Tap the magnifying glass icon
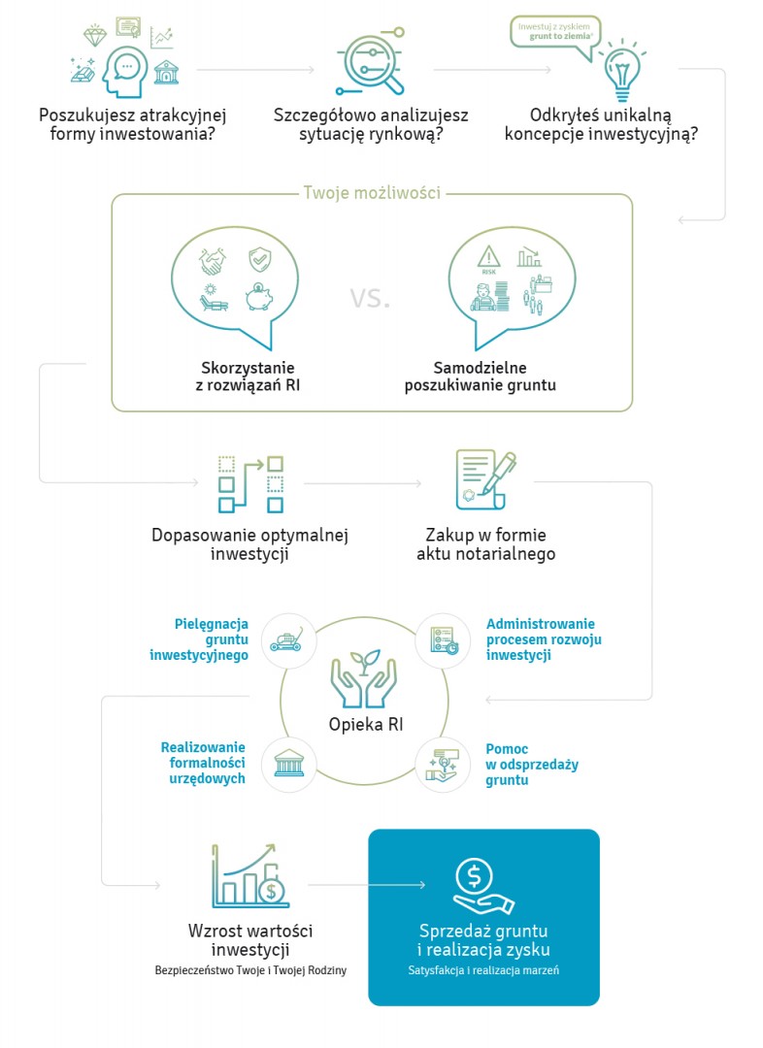coord(372,61)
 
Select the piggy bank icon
coord(259,297)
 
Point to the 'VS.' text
coord(370,298)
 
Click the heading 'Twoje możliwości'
coord(372,192)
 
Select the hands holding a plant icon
coord(364,678)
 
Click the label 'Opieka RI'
coord(366,725)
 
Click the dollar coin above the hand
coord(474,875)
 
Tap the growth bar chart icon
coord(249,875)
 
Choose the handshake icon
coord(213,261)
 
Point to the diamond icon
coord(95,36)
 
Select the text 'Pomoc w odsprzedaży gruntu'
coord(532,765)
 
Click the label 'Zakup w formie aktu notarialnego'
coord(486,544)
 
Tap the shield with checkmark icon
coord(260,259)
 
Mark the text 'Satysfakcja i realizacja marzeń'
coord(483,969)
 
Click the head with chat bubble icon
coord(126,72)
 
